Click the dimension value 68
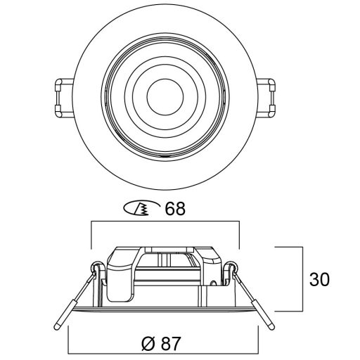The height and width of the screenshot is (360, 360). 175,208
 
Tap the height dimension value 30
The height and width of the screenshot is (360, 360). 319,279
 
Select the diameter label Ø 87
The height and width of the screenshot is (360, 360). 162,344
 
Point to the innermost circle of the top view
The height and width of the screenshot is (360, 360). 165,97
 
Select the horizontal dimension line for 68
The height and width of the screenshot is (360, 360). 165,221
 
